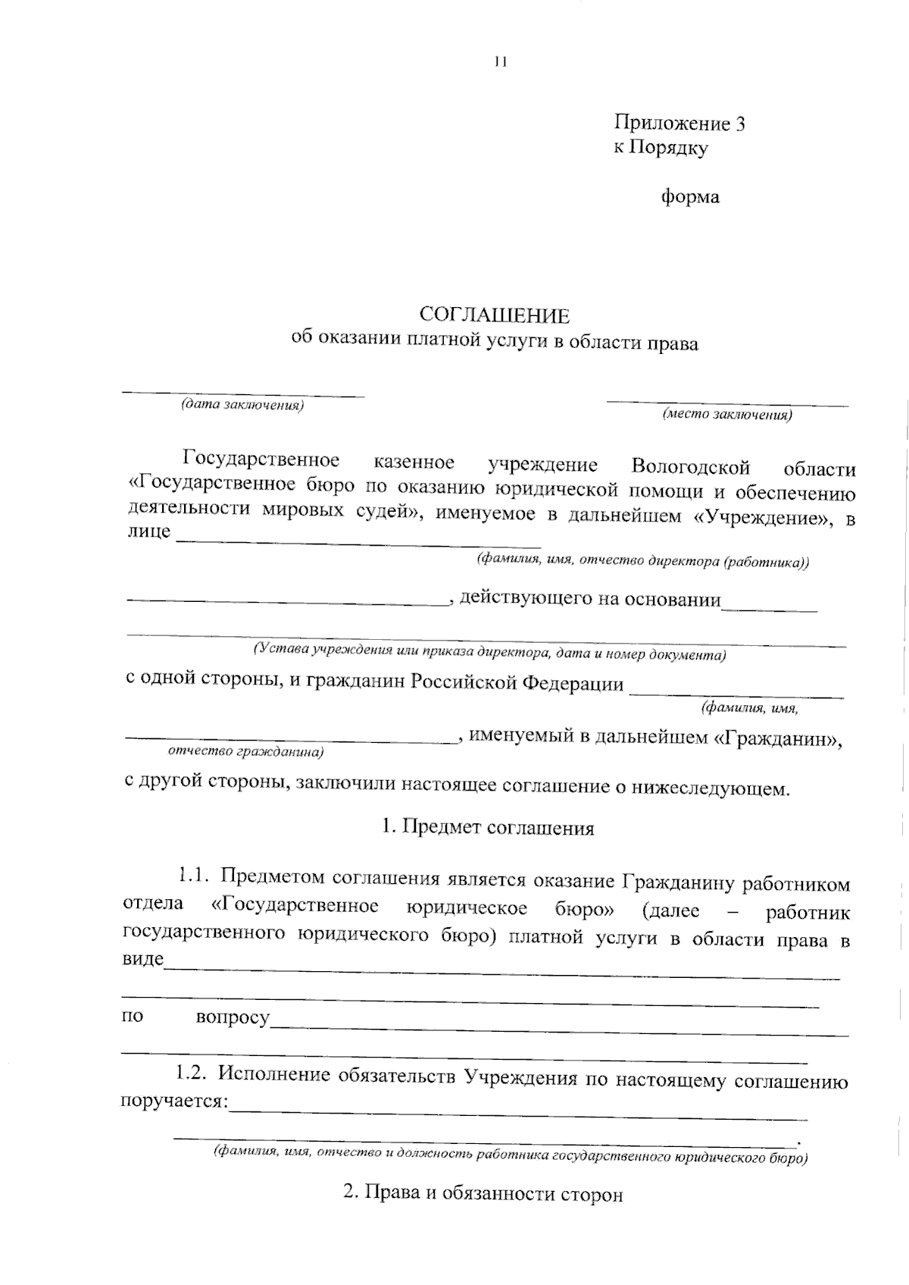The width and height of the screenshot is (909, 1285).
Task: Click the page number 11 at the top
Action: [499, 62]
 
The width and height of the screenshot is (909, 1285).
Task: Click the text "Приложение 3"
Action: [679, 124]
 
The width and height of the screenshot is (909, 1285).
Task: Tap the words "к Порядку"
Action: [661, 148]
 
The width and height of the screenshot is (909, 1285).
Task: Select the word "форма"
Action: [690, 197]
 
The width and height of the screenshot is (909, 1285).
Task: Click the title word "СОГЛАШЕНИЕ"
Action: [495, 315]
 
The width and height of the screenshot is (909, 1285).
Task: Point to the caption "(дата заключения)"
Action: [242, 405]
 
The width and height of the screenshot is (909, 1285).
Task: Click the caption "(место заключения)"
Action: [727, 415]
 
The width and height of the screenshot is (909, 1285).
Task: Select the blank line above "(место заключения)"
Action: [727, 403]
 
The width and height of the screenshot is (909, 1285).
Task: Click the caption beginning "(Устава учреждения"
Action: [489, 651]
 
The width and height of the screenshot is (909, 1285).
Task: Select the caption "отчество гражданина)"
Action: [245, 753]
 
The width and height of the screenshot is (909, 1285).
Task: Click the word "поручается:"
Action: [175, 1100]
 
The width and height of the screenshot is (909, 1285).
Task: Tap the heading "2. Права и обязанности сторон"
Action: [483, 1193]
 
